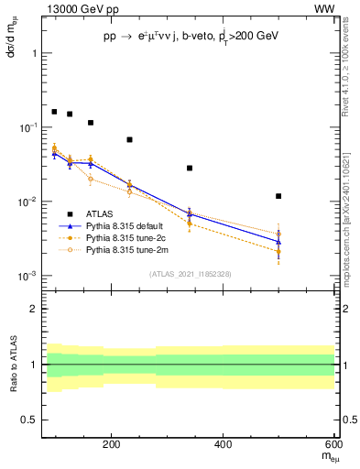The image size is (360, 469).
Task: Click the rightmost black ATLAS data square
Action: click(278, 196)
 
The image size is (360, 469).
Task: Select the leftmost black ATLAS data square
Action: click(54, 112)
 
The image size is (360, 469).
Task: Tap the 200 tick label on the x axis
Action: click(111, 445)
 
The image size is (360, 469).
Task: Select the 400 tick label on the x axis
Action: click(224, 445)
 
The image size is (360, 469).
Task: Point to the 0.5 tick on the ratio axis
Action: click(29, 420)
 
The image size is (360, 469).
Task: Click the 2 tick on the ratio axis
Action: click(33, 310)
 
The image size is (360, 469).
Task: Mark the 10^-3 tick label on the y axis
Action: click(27, 276)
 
